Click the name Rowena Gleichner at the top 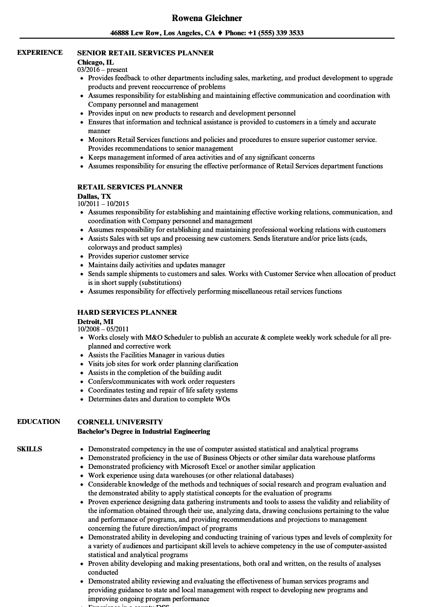pyautogui.click(x=207, y=18)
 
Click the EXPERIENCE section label pyautogui.click(x=40, y=52)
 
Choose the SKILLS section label pyautogui.click(x=29, y=449)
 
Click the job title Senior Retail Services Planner pyautogui.click(x=145, y=53)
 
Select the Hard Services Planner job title pyautogui.click(x=127, y=312)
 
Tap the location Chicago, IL pyautogui.click(x=95, y=62)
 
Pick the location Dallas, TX pyautogui.click(x=94, y=196)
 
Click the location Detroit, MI pyautogui.click(x=95, y=322)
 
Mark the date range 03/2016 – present pyautogui.click(x=102, y=70)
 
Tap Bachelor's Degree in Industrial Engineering pyautogui.click(x=143, y=431)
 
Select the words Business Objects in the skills pyautogui.click(x=218, y=458)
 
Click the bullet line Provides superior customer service pyautogui.click(x=138, y=256)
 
